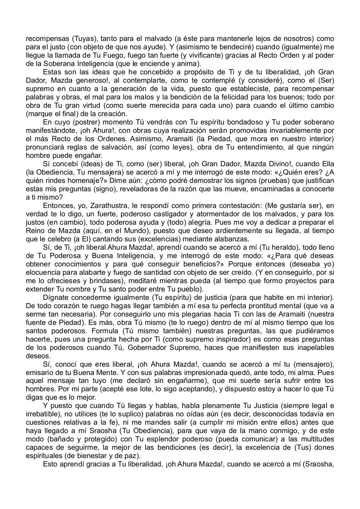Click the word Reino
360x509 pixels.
tap(35, 231)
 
